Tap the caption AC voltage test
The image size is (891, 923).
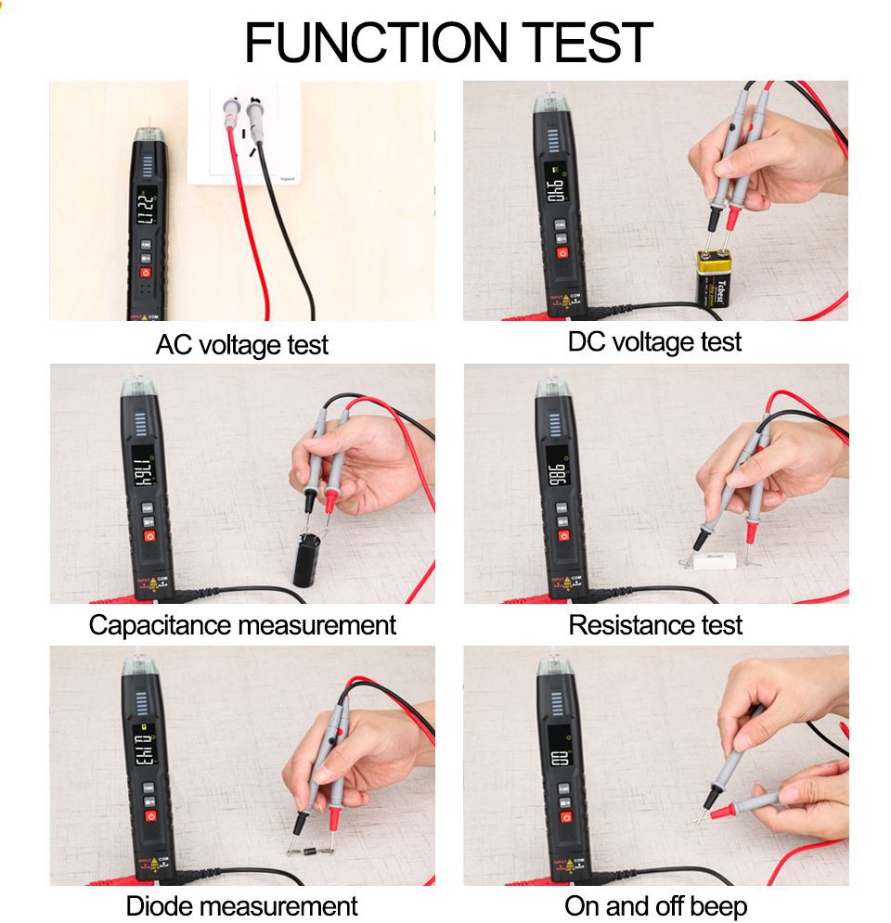pyautogui.click(x=241, y=345)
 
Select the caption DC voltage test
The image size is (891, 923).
pyautogui.click(x=654, y=341)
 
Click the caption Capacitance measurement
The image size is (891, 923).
pyautogui.click(x=241, y=624)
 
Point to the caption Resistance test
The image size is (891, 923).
pyautogui.click(x=654, y=624)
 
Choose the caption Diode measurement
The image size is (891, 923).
pyautogui.click(x=241, y=905)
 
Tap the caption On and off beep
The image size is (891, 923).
pyautogui.click(x=654, y=905)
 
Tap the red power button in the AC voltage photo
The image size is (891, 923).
pyautogui.click(x=146, y=272)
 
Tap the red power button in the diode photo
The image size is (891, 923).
pyautogui.click(x=148, y=816)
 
